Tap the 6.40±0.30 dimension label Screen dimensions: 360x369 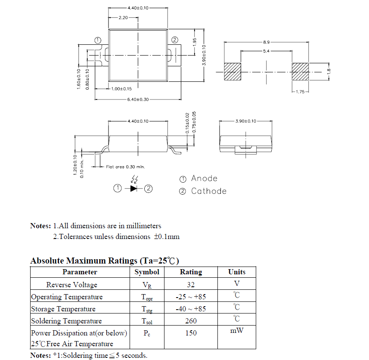[138, 99]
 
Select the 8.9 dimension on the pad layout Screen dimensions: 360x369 [266, 42]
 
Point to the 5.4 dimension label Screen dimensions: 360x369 [266, 51]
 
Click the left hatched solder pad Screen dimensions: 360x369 [232, 72]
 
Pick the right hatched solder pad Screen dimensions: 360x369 [301, 72]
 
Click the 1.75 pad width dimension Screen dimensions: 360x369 [300, 92]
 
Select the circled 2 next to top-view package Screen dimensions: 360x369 [175, 40]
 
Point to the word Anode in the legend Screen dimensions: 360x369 [204, 179]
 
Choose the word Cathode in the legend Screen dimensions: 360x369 [208, 191]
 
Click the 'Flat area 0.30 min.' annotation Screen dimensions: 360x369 [125, 167]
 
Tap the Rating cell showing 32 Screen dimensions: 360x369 [191, 285]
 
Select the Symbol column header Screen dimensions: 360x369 [147, 272]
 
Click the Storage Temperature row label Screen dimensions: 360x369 [63, 309]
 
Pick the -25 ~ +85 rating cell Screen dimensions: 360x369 [191, 297]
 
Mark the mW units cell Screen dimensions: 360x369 [236, 330]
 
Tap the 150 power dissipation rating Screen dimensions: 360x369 [191, 333]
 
